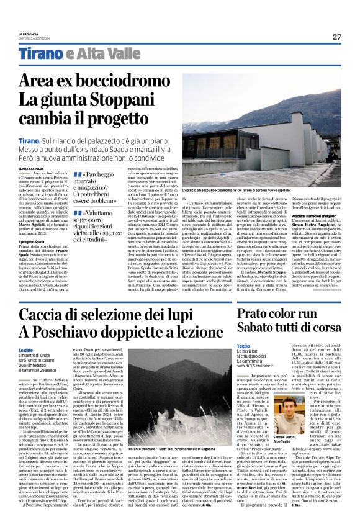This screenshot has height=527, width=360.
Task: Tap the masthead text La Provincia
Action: pyautogui.click(x=28, y=34)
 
